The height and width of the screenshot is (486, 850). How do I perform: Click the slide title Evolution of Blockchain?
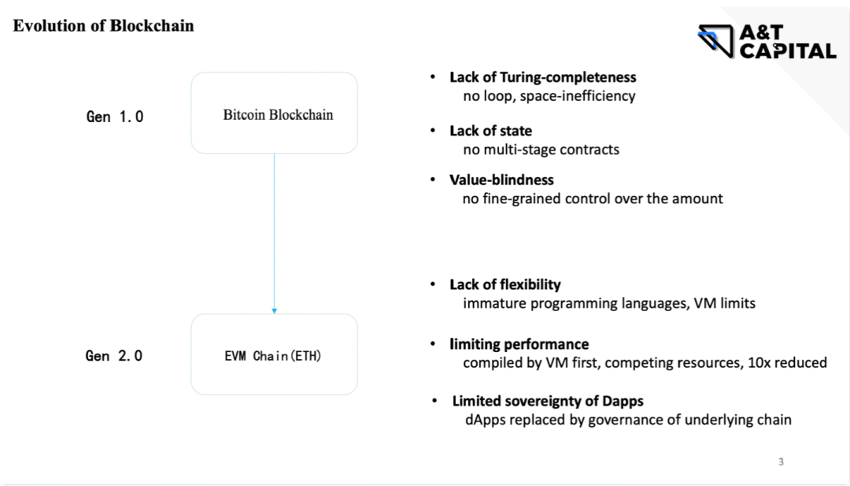(x=104, y=25)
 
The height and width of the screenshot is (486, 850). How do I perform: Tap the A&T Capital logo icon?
(x=715, y=41)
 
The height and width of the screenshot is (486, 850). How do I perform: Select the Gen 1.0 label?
(x=115, y=117)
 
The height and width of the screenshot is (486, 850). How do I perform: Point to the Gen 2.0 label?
(x=114, y=356)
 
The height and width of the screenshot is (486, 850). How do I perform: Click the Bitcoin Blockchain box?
(x=275, y=113)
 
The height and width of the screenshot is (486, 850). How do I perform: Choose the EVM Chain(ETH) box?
(x=275, y=354)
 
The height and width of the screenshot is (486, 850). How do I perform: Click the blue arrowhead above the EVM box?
(x=275, y=311)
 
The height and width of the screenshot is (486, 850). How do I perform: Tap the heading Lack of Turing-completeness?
(x=542, y=77)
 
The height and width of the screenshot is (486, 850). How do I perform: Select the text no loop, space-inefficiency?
(x=549, y=96)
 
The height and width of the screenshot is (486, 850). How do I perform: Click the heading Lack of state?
(x=490, y=131)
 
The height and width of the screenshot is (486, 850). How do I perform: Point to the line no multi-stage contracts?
(x=541, y=150)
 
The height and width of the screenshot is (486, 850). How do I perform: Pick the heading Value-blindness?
(x=501, y=180)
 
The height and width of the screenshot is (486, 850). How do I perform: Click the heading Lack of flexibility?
(x=504, y=284)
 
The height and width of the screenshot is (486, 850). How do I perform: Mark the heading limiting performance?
(x=519, y=344)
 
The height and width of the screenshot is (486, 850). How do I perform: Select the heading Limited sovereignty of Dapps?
(x=548, y=401)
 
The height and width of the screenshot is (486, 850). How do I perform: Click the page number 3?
(x=782, y=462)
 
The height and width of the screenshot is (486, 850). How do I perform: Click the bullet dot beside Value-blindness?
(x=433, y=179)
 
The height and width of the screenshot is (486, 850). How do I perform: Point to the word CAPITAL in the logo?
(x=788, y=51)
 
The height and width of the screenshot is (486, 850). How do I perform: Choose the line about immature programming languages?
(x=608, y=303)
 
